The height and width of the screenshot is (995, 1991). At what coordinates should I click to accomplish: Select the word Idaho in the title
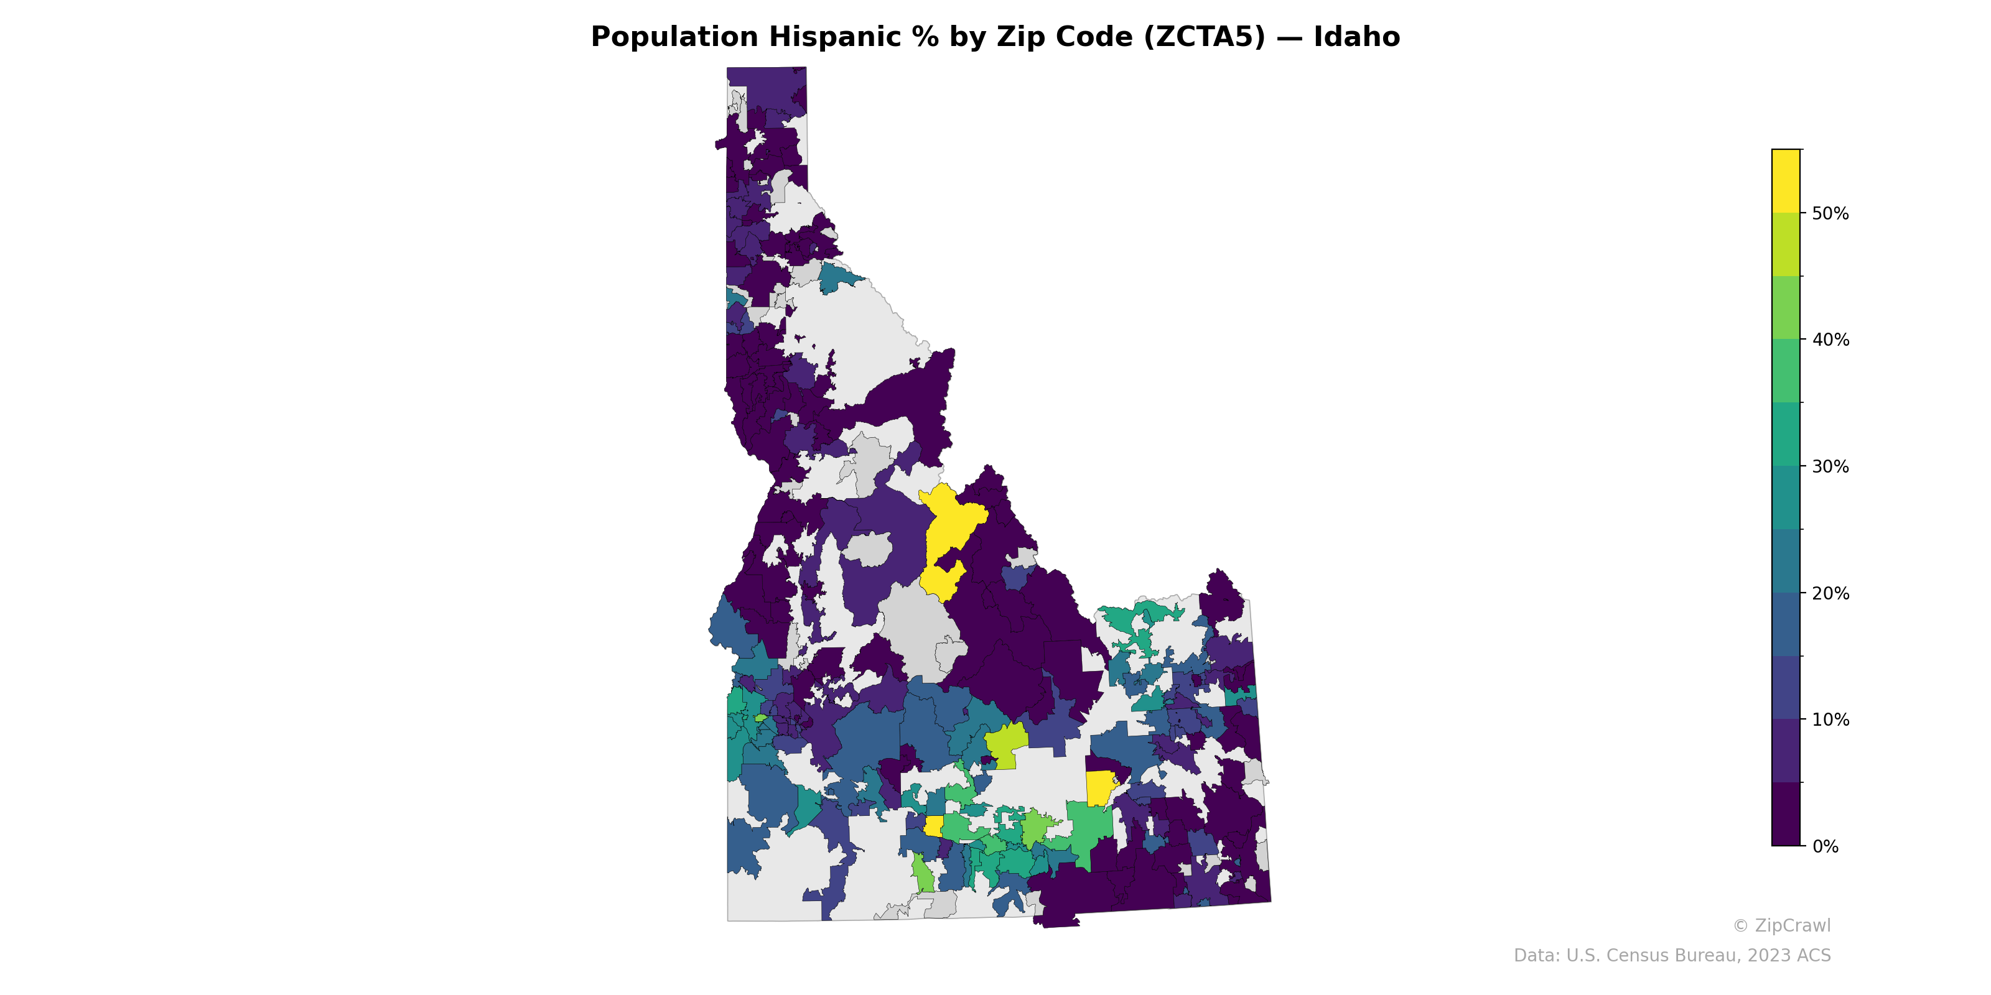[x=1356, y=37]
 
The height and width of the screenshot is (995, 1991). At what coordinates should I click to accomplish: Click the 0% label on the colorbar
[x=1825, y=846]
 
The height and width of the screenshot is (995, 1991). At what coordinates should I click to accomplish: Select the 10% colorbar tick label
[x=1830, y=720]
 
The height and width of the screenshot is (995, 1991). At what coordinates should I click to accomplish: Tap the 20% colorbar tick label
[x=1830, y=593]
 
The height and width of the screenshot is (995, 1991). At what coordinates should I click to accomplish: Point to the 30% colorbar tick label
[x=1830, y=466]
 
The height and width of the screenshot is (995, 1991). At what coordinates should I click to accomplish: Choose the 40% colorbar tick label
[x=1830, y=340]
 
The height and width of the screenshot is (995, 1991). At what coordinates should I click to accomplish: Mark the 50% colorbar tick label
[x=1830, y=213]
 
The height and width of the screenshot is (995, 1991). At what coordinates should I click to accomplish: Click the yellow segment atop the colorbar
[x=1786, y=181]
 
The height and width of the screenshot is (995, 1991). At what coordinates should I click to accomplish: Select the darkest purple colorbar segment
[x=1786, y=814]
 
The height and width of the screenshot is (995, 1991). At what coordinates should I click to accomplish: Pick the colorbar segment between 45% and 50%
[x=1786, y=244]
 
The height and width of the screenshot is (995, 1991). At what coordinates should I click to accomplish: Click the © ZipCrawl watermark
[x=1781, y=925]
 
